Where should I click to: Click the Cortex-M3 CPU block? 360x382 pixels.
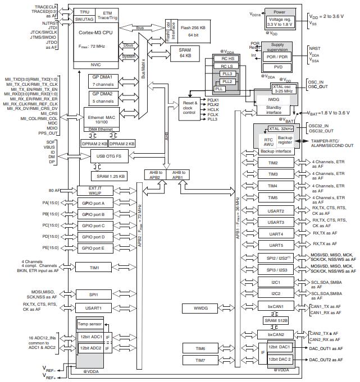tap(96, 36)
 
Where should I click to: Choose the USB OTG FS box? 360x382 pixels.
tap(110, 156)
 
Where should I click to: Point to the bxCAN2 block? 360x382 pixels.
tap(276, 334)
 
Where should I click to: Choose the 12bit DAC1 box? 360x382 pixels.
tap(279, 348)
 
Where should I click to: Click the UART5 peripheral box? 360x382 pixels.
tap(276, 245)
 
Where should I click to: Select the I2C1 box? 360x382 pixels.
tap(276, 282)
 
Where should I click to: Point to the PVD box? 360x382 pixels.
tap(278, 66)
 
